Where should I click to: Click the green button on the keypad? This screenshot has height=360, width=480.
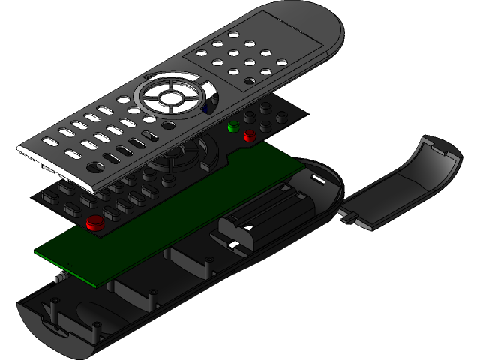tap(233, 125)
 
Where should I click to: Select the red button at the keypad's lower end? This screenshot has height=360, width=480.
tap(95, 222)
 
